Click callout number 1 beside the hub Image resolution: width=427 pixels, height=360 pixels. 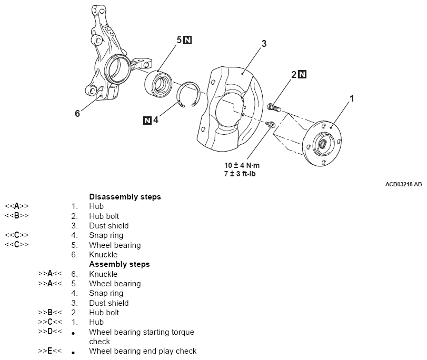coord(352,98)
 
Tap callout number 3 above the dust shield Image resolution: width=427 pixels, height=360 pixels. coord(264,44)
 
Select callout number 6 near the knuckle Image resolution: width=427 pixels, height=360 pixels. coord(77,113)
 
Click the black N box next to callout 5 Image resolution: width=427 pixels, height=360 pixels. coord(188,40)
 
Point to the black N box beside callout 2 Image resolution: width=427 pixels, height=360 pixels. coord(302,74)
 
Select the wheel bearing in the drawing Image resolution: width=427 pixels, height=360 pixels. coord(160,83)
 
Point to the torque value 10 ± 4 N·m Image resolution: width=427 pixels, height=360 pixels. coord(242,165)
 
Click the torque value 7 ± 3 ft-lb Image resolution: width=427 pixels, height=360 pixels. coord(242,173)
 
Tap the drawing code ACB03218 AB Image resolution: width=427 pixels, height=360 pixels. coord(403,185)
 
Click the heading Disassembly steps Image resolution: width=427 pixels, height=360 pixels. coord(125,197)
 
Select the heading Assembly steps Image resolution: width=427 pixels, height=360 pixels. coord(120,264)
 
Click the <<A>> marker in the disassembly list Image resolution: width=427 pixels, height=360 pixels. coord(16,206)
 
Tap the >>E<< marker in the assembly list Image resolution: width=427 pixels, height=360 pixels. coord(50,351)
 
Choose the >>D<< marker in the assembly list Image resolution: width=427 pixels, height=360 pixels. coord(50,332)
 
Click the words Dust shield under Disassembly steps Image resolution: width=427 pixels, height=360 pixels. coord(108,226)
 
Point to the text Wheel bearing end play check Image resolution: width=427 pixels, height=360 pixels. coord(143,351)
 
